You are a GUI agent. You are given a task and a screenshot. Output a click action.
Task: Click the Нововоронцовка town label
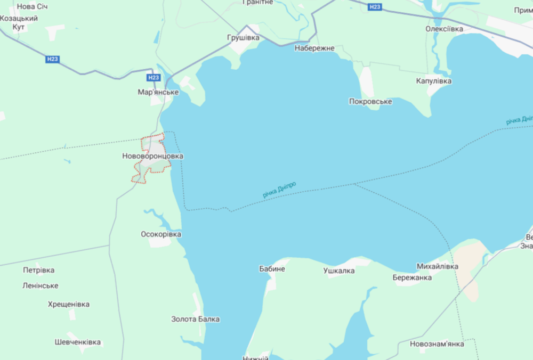tap(152, 157)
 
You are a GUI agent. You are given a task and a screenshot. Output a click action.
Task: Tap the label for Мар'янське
tap(158, 92)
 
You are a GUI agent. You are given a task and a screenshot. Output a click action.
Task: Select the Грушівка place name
tap(243, 38)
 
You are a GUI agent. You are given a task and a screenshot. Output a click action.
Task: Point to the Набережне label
tap(314, 48)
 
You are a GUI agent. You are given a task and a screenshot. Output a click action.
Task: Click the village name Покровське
tap(370, 102)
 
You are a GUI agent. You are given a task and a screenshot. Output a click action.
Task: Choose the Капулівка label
tap(433, 81)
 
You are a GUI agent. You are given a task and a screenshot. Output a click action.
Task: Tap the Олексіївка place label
tap(444, 29)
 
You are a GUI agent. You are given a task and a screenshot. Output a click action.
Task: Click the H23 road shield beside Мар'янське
tap(154, 78)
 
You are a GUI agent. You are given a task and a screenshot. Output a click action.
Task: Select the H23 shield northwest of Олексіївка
tap(375, 7)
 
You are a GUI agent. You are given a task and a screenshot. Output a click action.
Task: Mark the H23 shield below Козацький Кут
tap(52, 60)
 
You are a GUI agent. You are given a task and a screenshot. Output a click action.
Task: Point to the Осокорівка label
tap(161, 234)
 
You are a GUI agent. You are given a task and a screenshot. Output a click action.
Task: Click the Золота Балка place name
tap(195, 320)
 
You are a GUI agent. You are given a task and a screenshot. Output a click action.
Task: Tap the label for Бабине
tap(272, 269)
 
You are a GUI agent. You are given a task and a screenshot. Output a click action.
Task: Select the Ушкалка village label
tap(339, 271)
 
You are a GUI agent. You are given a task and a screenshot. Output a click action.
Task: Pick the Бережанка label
tap(412, 277)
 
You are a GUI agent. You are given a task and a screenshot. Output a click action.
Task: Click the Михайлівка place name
tap(437, 266)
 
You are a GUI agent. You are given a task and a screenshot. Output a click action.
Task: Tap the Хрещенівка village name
tap(69, 305)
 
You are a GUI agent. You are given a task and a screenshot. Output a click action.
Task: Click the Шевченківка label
tap(78, 342)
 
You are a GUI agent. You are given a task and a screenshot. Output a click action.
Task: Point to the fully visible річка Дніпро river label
tap(279, 190)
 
